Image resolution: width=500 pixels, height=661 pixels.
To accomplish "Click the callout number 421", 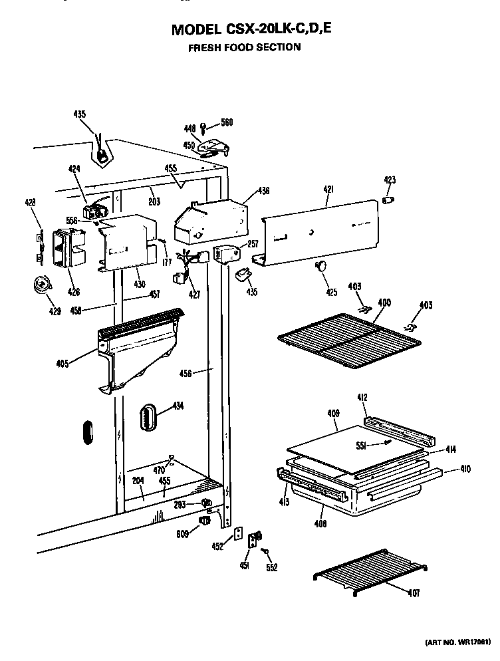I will click(x=328, y=190).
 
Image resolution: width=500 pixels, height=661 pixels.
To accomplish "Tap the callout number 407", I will click(x=414, y=593).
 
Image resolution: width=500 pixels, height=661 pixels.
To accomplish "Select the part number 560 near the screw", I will click(x=227, y=123).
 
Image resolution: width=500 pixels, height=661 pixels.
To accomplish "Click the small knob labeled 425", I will click(x=321, y=266).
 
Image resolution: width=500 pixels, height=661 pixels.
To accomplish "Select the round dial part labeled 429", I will click(x=42, y=286).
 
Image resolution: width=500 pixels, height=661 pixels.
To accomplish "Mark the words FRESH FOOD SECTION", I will click(x=244, y=47).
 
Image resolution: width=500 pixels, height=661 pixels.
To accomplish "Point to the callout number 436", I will click(x=264, y=192).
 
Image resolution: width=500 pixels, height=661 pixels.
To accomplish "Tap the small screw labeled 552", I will click(x=265, y=551).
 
